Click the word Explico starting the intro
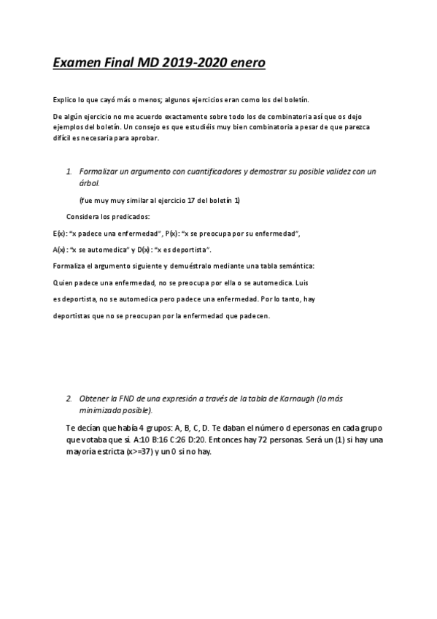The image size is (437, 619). click(64, 99)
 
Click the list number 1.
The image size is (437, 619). click(69, 172)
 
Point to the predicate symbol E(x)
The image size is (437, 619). click(60, 234)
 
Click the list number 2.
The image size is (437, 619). click(69, 399)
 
